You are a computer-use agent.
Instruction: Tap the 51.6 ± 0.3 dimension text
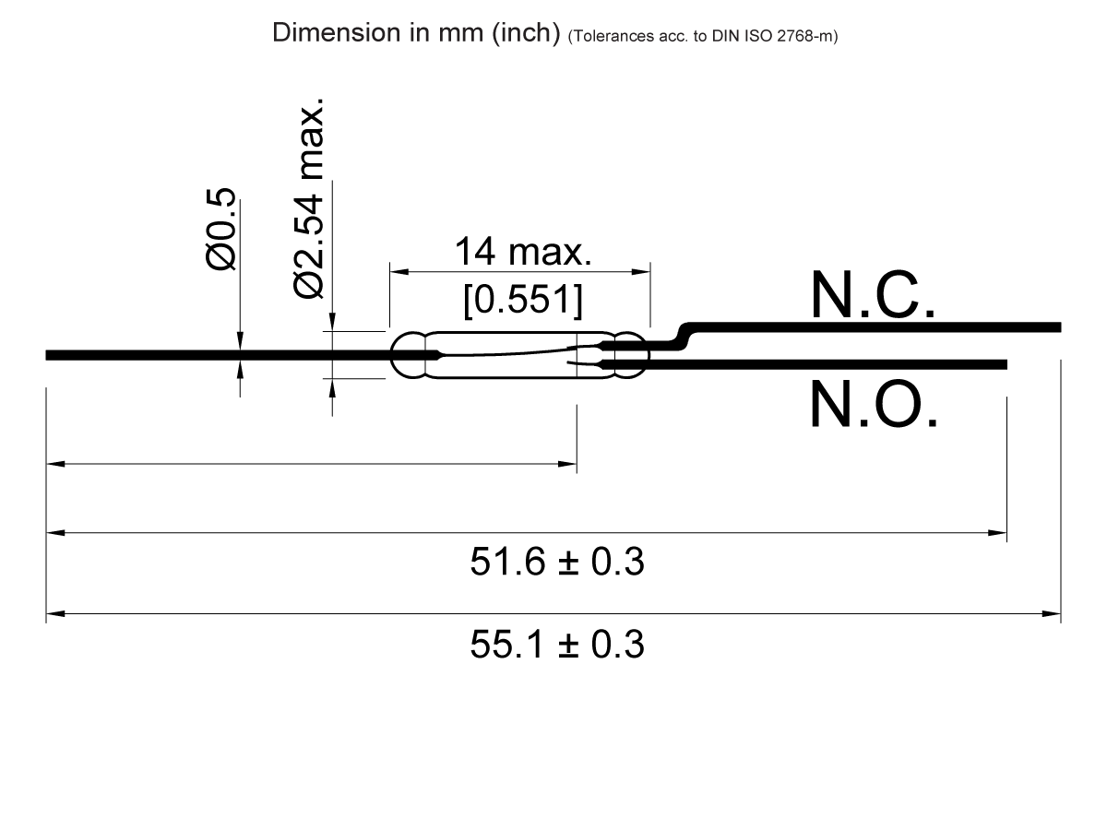click(556, 562)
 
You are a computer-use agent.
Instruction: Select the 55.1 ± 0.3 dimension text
click(556, 644)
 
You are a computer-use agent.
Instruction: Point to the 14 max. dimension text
click(521, 251)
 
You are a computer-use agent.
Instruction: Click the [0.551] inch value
click(521, 301)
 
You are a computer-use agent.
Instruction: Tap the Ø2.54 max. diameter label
click(309, 196)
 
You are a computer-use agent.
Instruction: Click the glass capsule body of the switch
click(503, 354)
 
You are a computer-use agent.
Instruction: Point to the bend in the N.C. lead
click(684, 336)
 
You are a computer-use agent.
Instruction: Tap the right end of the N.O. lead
click(1004, 365)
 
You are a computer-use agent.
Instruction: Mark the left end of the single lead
click(49, 355)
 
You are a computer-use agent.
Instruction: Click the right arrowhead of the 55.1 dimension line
click(1053, 612)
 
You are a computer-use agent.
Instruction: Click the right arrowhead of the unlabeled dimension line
click(569, 464)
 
